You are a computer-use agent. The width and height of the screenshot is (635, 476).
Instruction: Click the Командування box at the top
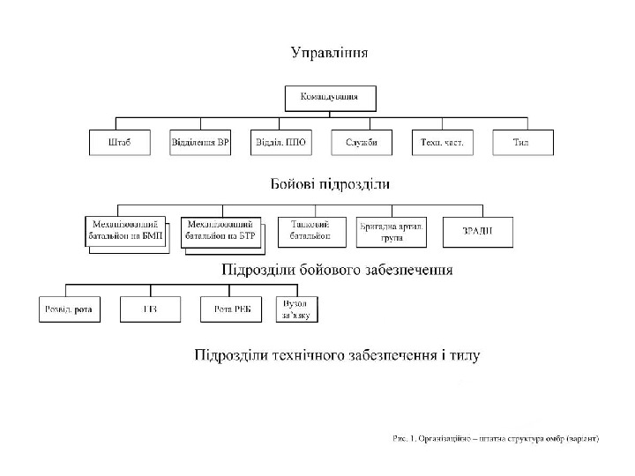point(330,97)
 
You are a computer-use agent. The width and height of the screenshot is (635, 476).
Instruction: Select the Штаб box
point(120,143)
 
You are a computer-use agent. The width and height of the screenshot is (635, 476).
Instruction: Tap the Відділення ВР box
point(200,143)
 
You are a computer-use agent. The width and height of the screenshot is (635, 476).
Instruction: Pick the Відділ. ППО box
point(280,143)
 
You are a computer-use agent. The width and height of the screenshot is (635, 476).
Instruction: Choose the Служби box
point(361,143)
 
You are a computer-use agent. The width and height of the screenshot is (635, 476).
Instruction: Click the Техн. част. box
point(441,143)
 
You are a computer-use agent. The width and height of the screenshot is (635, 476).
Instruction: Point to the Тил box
point(520,143)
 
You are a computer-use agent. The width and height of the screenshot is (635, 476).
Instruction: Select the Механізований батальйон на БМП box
point(125,231)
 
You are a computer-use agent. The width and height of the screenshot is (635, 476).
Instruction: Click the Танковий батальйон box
point(310,231)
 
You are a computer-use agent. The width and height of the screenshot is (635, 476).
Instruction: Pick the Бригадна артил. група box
point(392,232)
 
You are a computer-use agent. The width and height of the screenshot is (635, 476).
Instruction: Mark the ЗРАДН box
point(476,231)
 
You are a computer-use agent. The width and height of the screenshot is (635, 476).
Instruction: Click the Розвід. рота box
point(69,309)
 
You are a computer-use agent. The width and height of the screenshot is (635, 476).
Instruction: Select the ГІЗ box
point(150,309)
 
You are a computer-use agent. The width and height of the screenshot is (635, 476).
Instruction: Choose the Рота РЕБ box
point(228,309)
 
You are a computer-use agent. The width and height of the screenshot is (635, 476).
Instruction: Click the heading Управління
point(330,52)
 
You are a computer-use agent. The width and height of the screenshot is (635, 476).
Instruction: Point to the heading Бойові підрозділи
point(329,184)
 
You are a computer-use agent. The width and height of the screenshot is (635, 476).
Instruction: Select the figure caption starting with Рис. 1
point(495,437)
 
